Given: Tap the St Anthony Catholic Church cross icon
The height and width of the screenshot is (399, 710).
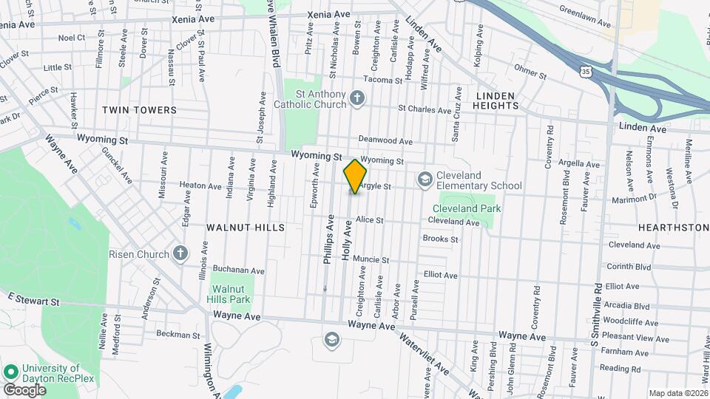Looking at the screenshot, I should tap(356, 98).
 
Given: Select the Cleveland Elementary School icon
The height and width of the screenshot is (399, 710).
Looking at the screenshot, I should tap(425, 179).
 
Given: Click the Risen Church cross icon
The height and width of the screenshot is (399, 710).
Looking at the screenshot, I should tap(180, 254).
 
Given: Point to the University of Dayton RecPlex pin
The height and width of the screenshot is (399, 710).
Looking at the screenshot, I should tap(11, 372).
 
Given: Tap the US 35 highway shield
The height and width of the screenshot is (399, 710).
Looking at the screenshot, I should tap(586, 72).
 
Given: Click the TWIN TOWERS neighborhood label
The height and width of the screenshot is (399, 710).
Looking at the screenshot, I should tap(140, 110).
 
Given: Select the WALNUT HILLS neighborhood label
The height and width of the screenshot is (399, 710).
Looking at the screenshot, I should tap(245, 228).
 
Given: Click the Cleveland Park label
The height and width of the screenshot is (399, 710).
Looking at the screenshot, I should tap(467, 208).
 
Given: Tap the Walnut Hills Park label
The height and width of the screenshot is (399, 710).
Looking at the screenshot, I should tap(231, 294).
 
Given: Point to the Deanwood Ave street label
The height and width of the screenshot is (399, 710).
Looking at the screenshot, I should tap(385, 140).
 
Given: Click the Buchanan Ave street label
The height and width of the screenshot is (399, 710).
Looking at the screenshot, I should tap(239, 270).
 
